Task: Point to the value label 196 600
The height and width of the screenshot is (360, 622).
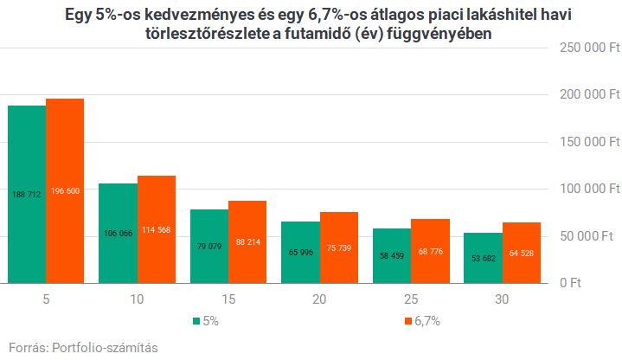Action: [65, 190]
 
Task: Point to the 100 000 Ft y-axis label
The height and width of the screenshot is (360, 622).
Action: [585, 188]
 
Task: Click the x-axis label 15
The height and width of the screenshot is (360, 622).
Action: [228, 299]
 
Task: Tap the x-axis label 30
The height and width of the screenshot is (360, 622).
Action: [502, 299]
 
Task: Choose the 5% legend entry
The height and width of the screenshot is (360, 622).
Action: [208, 320]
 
